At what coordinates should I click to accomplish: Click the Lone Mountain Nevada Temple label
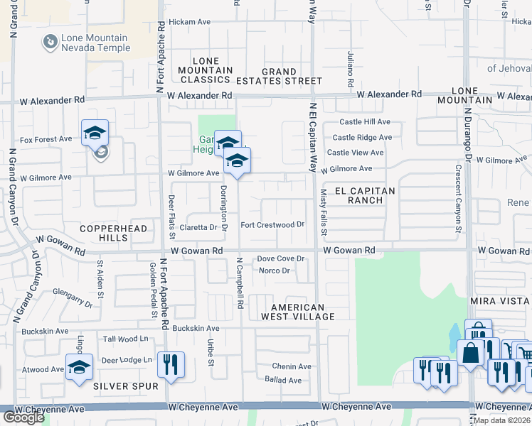click(x=95, y=43)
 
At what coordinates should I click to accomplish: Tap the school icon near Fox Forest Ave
click(x=95, y=133)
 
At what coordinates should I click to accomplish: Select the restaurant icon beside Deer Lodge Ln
click(x=171, y=365)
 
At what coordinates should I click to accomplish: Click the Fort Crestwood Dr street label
click(x=272, y=225)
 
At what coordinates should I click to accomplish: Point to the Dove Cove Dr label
click(x=281, y=259)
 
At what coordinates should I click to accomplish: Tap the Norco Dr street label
click(x=274, y=271)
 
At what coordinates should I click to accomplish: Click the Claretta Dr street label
click(x=198, y=227)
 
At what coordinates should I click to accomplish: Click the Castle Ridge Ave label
click(x=362, y=138)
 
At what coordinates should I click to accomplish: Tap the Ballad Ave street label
click(x=283, y=380)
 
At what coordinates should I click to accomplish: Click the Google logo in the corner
click(x=23, y=417)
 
